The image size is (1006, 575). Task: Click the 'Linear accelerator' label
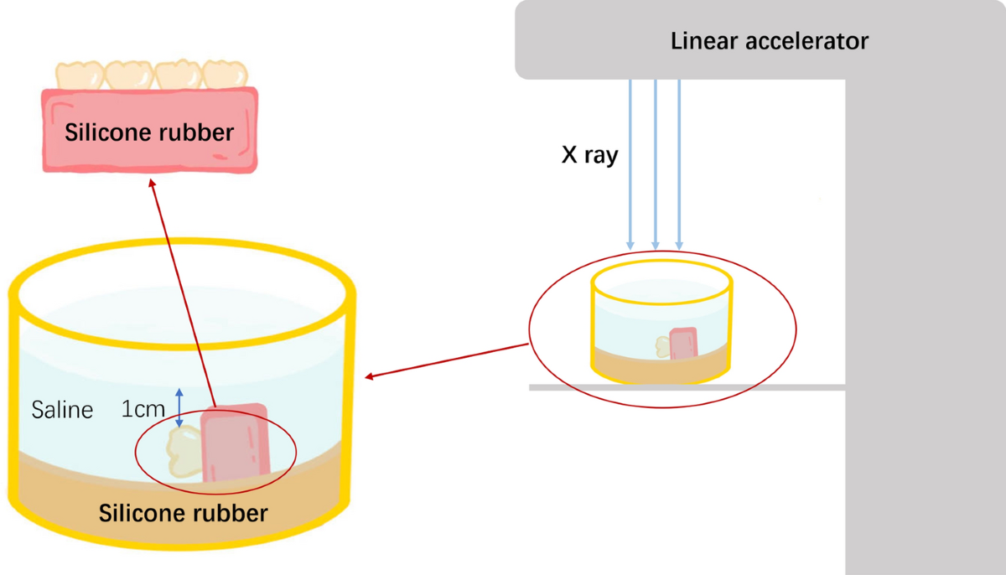pos(770,41)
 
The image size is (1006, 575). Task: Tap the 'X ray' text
pos(589,155)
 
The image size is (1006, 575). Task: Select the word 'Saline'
pos(62,410)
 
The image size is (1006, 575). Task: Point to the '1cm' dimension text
pos(143,409)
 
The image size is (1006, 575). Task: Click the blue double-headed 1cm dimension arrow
pos(179,407)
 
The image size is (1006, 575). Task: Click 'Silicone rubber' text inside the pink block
pos(149,132)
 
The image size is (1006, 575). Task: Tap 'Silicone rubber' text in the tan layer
pos(184,513)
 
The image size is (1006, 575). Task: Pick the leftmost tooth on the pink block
pos(80,75)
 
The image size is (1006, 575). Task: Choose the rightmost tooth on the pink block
pos(225,75)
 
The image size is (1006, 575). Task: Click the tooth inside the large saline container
pos(184,451)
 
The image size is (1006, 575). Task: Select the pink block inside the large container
pos(236,443)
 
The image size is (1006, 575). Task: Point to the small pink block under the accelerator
pos(683,344)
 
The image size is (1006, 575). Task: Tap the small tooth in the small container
pos(663,347)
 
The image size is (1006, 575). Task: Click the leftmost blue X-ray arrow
pos(630,165)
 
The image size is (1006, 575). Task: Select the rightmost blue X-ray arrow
pos(679,165)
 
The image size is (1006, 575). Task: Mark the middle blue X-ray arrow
pos(656,165)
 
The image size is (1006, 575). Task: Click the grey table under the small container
pos(687,387)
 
